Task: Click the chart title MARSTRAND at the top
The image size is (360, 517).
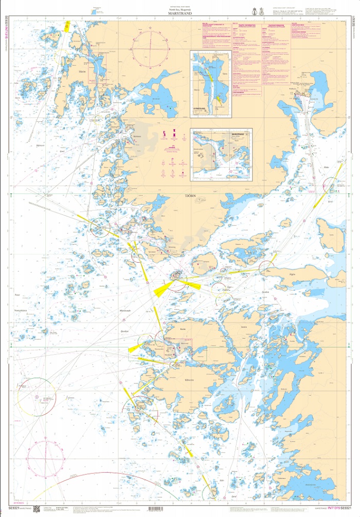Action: (180, 15)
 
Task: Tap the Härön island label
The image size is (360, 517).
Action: (82, 71)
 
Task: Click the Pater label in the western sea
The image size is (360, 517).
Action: (17, 295)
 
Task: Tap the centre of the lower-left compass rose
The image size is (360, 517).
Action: (37, 397)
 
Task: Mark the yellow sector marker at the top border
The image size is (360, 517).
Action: (67, 26)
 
